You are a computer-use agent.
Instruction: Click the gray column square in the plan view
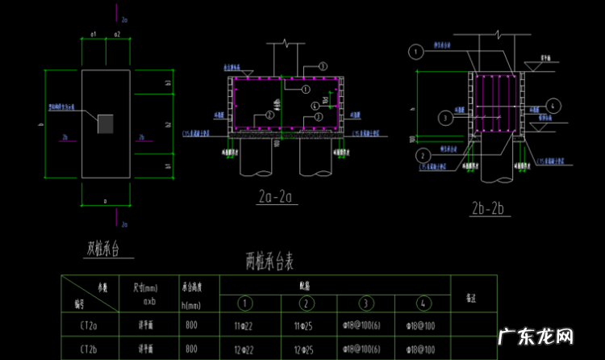tap(106, 123)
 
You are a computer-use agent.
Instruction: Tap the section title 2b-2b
tap(486, 209)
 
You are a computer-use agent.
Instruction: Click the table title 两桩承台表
tap(273, 261)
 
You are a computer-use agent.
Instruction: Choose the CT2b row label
tap(90, 349)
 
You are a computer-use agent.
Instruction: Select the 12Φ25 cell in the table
tap(306, 349)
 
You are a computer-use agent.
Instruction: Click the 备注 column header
tap(471, 296)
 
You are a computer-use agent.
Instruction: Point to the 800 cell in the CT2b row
tap(190, 349)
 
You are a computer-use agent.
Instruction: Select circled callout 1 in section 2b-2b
tap(415, 52)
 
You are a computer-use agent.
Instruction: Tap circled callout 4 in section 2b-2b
tap(553, 105)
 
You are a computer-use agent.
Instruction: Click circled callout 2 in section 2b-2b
tap(422, 154)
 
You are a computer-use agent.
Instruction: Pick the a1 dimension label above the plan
tap(94, 34)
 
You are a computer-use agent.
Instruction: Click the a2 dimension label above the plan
tap(117, 34)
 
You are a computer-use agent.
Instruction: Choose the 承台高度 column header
tap(190, 287)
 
